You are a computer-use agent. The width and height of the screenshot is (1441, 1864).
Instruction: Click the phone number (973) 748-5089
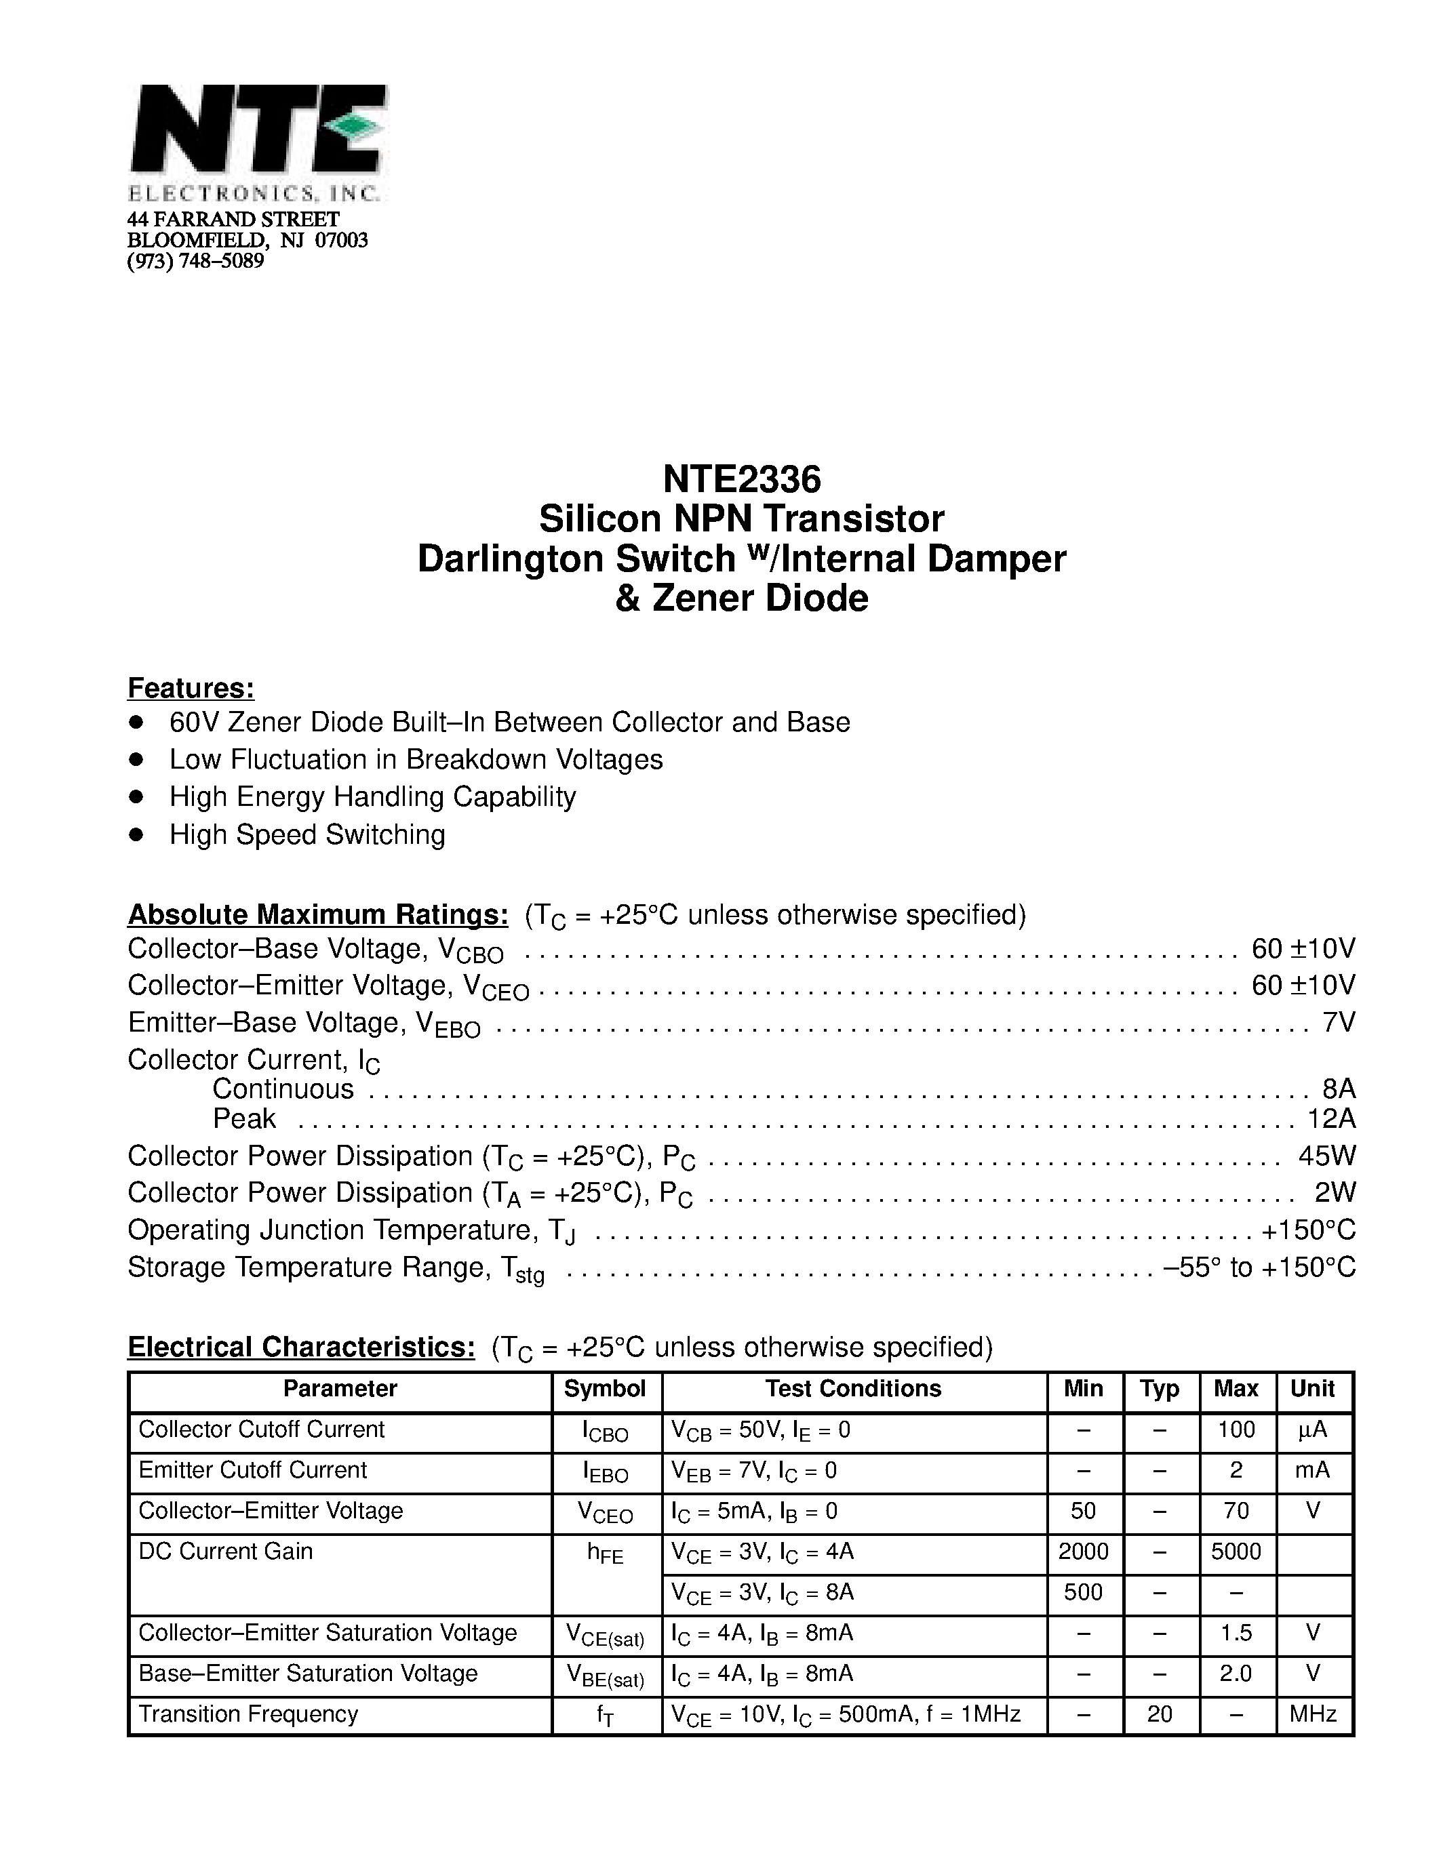click(195, 261)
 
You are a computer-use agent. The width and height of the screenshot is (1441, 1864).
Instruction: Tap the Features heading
click(191, 688)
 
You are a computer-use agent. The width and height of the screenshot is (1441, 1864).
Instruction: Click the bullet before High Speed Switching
click(136, 834)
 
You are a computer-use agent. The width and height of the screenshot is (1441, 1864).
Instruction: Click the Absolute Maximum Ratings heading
click(317, 914)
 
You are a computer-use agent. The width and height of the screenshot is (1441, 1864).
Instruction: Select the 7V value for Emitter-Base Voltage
click(1337, 1022)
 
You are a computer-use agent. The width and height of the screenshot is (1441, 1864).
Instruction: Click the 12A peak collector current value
click(1331, 1118)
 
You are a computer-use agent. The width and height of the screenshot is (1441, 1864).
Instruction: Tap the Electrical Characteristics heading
click(300, 1346)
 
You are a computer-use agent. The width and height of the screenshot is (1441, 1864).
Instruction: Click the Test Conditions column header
click(853, 1389)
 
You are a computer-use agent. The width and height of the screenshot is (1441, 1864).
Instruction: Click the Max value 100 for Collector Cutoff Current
click(1236, 1430)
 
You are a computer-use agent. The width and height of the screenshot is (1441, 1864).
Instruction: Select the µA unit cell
click(1312, 1430)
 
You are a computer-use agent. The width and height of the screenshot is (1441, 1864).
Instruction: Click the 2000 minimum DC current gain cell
click(1082, 1551)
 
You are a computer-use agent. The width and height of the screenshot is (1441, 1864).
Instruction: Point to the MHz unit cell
click(1312, 1713)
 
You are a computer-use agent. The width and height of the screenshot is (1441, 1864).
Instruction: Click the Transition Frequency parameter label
click(248, 1713)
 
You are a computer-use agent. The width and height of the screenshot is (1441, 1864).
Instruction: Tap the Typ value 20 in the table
click(1160, 1713)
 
